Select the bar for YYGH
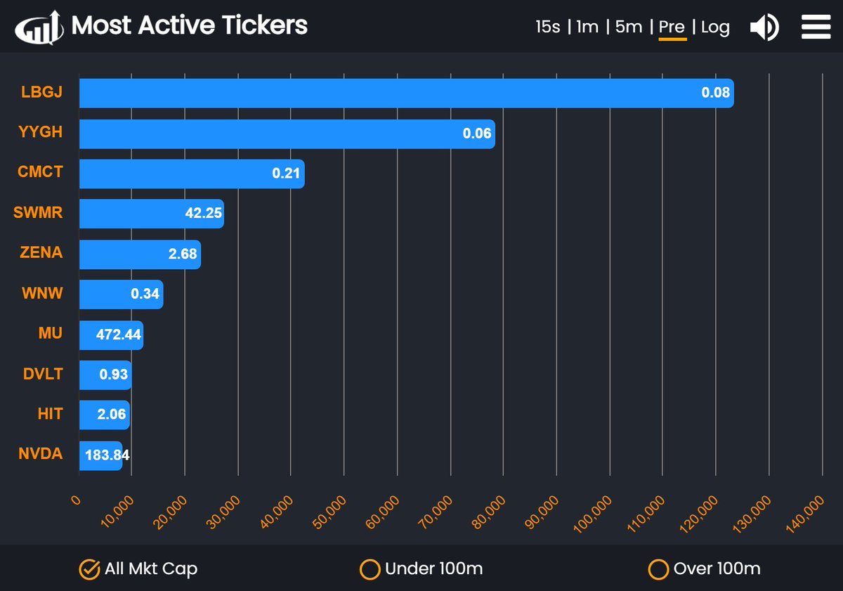pyautogui.click(x=287, y=134)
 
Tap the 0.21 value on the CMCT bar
pyautogui.click(x=286, y=174)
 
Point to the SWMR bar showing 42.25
pyautogui.click(x=151, y=214)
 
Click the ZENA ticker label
pyautogui.click(x=41, y=252)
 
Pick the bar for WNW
pyautogui.click(x=121, y=294)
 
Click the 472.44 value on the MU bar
pyautogui.click(x=118, y=335)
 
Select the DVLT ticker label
pyautogui.click(x=42, y=374)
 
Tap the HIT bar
pyautogui.click(x=104, y=415)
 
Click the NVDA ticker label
pyautogui.click(x=40, y=454)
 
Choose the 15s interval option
pyautogui.click(x=547, y=27)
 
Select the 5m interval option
pyautogui.click(x=629, y=27)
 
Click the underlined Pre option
pyautogui.click(x=672, y=27)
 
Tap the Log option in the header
pyautogui.click(x=715, y=27)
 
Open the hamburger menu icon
pyautogui.click(x=816, y=27)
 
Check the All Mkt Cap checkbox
pyautogui.click(x=89, y=569)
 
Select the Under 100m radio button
pyautogui.click(x=370, y=569)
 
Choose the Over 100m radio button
pyautogui.click(x=658, y=569)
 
